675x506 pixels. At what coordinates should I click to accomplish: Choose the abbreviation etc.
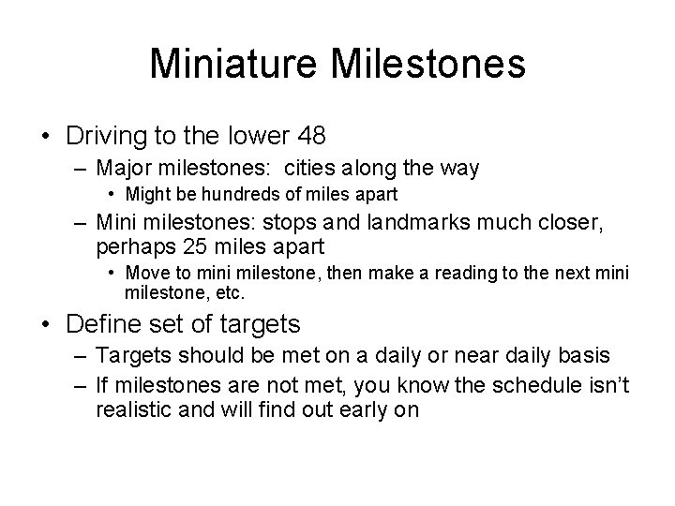pos(230,292)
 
